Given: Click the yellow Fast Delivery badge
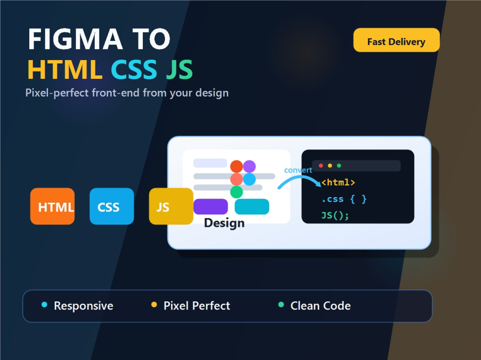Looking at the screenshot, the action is pyautogui.click(x=396, y=40).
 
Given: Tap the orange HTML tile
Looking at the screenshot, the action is pyautogui.click(x=52, y=206).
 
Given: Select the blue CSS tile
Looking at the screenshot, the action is pyautogui.click(x=112, y=206).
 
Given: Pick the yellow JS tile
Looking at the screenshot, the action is pyautogui.click(x=171, y=206).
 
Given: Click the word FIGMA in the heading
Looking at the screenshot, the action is pyautogui.click(x=75, y=39).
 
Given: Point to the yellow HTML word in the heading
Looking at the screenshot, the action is pyautogui.click(x=65, y=70).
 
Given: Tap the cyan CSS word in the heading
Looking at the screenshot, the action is pyautogui.click(x=134, y=70).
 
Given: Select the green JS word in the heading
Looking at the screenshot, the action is pyautogui.click(x=179, y=70).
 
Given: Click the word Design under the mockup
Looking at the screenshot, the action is pyautogui.click(x=224, y=223).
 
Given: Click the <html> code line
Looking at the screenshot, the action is pyautogui.click(x=338, y=183).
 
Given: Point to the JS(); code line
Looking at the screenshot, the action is pyautogui.click(x=335, y=215).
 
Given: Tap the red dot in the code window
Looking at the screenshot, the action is pyautogui.click(x=321, y=166).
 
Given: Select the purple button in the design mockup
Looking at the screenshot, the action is pyautogui.click(x=211, y=206).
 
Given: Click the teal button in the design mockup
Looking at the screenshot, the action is pyautogui.click(x=252, y=206).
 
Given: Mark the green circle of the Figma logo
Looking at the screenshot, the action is pyautogui.click(x=237, y=192).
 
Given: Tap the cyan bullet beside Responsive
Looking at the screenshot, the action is pyautogui.click(x=44, y=305).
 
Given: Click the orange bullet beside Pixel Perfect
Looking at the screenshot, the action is pyautogui.click(x=154, y=305).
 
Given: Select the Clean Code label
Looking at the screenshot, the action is pyautogui.click(x=320, y=306).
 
